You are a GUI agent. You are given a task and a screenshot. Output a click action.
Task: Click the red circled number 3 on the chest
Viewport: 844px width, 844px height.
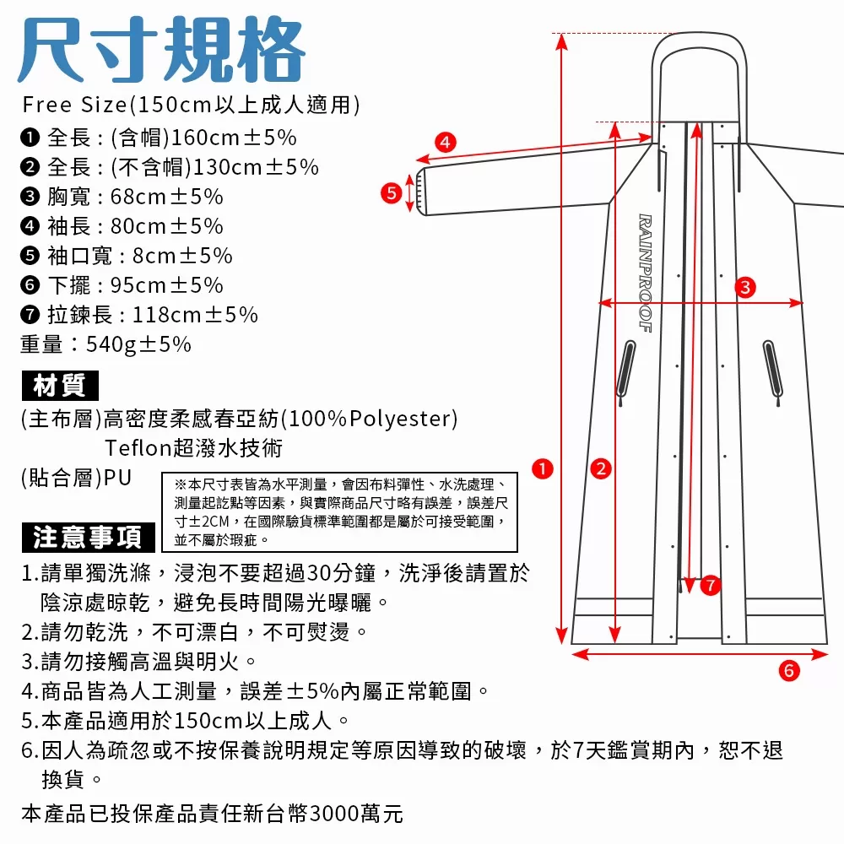point(744,287)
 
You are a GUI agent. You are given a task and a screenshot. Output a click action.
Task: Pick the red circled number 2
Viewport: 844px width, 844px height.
point(600,468)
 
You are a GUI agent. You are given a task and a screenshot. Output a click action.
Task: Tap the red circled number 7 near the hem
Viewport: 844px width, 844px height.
point(710,584)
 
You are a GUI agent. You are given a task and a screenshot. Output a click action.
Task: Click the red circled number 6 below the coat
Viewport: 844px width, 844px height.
point(788,671)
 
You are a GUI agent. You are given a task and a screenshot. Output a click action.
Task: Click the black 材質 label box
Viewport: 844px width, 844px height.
point(59,387)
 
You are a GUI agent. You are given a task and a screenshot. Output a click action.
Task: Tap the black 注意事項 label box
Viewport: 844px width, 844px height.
point(87,537)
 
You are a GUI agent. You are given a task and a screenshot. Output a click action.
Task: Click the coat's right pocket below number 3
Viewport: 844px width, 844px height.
point(770,368)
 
